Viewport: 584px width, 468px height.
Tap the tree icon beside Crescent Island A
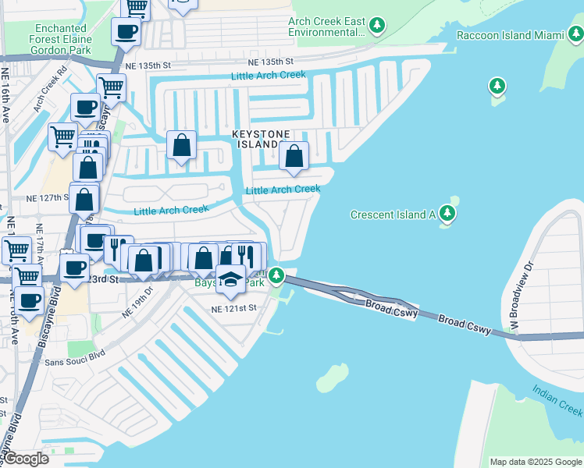tap(447, 213)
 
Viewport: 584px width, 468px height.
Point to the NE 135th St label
tap(270, 62)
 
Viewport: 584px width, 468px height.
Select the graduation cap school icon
tap(230, 278)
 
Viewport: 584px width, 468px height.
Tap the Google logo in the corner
tap(27, 458)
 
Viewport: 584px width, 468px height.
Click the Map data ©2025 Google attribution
tap(536, 462)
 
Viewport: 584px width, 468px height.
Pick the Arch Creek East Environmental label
tap(326, 27)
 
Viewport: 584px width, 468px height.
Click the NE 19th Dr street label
tap(141, 302)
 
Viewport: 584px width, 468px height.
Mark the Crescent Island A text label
tap(393, 214)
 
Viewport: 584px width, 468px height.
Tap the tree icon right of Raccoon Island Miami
tap(575, 33)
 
